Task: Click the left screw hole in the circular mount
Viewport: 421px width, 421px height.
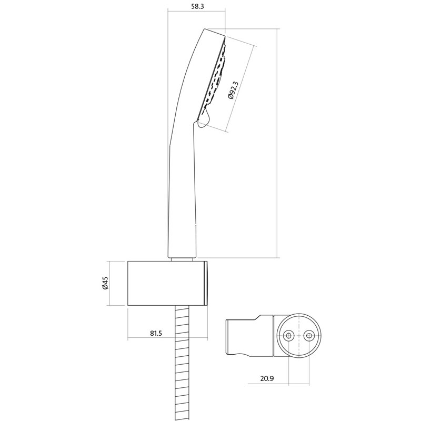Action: click(288, 335)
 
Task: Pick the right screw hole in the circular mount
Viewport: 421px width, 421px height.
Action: click(309, 335)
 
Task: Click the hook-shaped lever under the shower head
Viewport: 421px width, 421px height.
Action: click(203, 119)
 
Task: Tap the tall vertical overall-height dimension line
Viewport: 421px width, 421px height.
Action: click(277, 142)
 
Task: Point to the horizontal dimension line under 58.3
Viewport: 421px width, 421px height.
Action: click(196, 12)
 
